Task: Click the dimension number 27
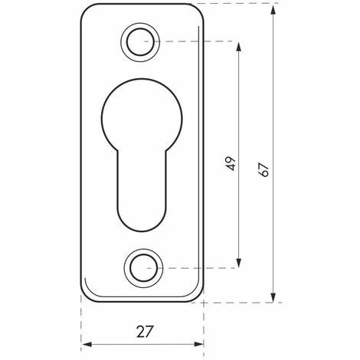tap(145, 332)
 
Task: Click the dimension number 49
tap(231, 163)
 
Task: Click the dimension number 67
tap(263, 170)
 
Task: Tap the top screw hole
tap(140, 42)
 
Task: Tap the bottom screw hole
tap(143, 268)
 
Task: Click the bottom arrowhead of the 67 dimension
tap(273, 296)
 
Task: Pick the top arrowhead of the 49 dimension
tap(239, 47)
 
